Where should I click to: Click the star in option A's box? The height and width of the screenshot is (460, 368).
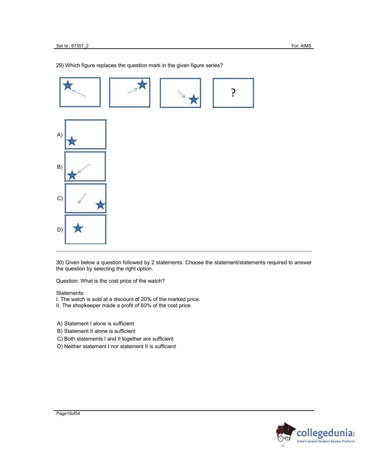[72, 141]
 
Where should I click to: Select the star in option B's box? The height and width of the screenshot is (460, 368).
[72, 175]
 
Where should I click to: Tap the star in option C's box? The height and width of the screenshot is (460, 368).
[100, 205]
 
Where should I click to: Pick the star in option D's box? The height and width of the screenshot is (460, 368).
[78, 228]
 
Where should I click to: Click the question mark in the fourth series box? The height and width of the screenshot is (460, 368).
[233, 93]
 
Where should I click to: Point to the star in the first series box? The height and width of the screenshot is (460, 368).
[67, 85]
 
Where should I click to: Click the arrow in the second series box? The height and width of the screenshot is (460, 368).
[132, 91]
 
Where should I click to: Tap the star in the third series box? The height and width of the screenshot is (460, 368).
[194, 99]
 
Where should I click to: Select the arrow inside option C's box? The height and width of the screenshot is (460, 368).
[82, 198]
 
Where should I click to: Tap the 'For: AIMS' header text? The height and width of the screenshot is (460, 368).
[301, 46]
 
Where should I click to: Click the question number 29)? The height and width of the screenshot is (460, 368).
[60, 65]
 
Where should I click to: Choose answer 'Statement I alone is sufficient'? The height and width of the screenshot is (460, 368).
[96, 324]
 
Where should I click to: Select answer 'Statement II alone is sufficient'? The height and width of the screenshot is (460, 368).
[96, 331]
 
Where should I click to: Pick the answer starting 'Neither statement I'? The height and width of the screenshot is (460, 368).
[116, 346]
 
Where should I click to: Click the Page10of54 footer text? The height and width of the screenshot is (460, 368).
[68, 413]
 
